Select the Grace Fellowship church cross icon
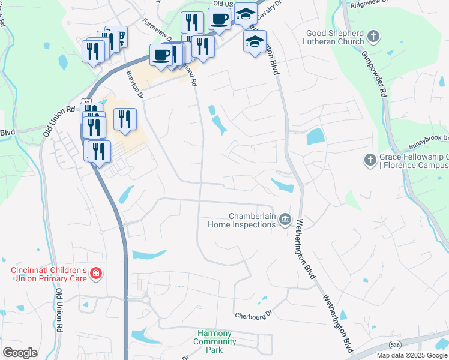coord(370,160)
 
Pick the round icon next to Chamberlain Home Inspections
coord(285,220)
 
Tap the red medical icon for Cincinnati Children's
coord(95,275)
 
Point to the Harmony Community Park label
coord(215,341)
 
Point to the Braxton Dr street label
coord(136,85)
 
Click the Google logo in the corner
coord(20,353)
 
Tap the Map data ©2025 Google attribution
coord(412,355)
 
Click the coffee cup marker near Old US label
coord(219,19)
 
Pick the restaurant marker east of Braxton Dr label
coord(125,118)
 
